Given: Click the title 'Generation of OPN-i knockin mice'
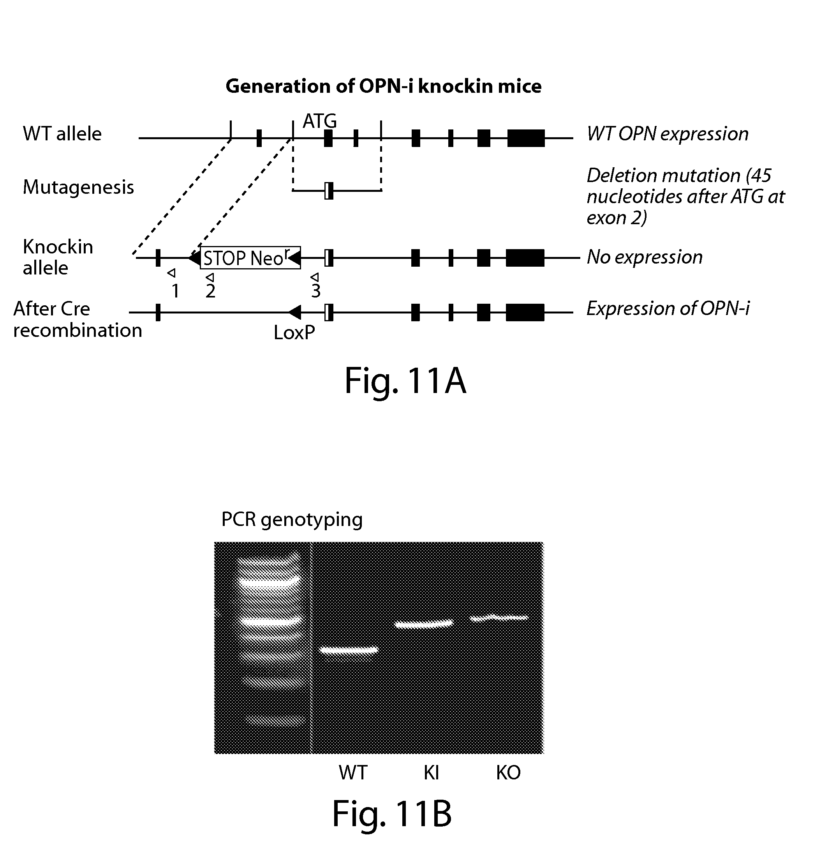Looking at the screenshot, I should (383, 86).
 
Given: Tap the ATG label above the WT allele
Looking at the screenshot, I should (319, 121).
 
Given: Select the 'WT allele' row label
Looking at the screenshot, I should (62, 134).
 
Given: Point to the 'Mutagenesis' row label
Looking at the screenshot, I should (78, 187).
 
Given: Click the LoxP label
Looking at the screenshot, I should (294, 333).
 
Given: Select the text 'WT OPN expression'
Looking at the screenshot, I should (668, 134).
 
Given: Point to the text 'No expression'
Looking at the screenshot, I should (644, 257).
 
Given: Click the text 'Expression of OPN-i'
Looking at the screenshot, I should (668, 308).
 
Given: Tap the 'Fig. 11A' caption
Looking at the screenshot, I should (405, 381).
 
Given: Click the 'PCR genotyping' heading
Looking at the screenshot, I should (292, 520).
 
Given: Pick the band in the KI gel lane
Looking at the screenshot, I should (423, 624).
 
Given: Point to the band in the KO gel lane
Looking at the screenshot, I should (499, 618).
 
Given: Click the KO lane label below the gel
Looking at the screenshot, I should (508, 772).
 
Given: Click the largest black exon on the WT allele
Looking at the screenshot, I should (526, 138).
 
